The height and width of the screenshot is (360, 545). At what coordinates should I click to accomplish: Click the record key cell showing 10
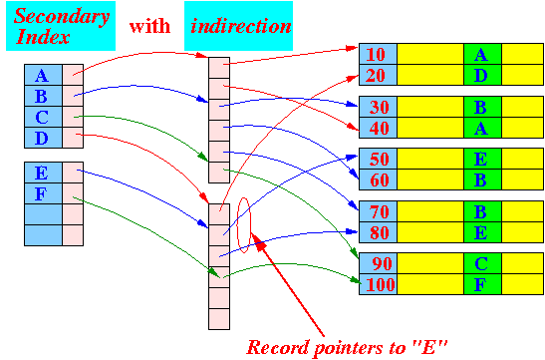(x=378, y=54)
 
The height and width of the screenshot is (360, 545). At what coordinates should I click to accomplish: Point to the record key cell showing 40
(x=378, y=128)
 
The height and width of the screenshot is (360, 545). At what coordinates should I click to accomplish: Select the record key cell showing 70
(x=378, y=211)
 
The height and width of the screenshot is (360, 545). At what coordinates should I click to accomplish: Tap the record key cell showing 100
(x=378, y=284)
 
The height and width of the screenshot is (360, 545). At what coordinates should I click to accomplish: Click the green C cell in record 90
(x=482, y=263)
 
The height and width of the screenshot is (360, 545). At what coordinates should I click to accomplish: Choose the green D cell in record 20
(x=482, y=75)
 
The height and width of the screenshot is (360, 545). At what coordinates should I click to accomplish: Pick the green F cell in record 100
(x=482, y=284)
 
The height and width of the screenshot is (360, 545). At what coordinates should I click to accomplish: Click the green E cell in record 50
(x=482, y=159)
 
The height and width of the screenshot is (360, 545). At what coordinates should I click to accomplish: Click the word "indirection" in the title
(x=241, y=26)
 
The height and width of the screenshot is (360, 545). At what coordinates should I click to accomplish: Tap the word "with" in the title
(x=149, y=26)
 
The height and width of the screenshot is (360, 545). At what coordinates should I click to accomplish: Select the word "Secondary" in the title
(x=62, y=17)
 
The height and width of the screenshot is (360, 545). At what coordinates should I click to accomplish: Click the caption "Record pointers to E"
(x=347, y=347)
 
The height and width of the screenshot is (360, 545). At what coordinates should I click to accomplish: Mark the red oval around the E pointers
(x=238, y=225)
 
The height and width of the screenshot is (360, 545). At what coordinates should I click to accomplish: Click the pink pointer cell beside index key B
(x=73, y=96)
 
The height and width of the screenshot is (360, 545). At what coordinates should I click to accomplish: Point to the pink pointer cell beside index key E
(x=73, y=173)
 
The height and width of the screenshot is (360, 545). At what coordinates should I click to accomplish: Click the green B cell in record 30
(x=482, y=107)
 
